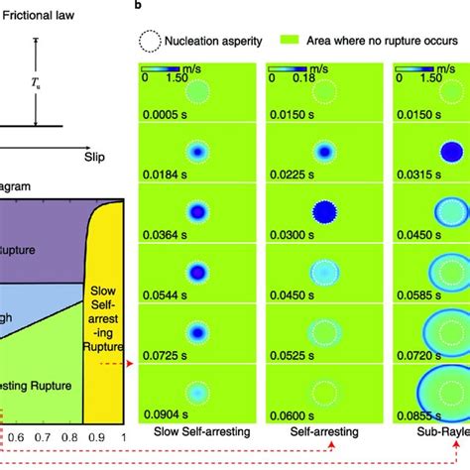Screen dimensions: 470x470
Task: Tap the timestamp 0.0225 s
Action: coord(288,176)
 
